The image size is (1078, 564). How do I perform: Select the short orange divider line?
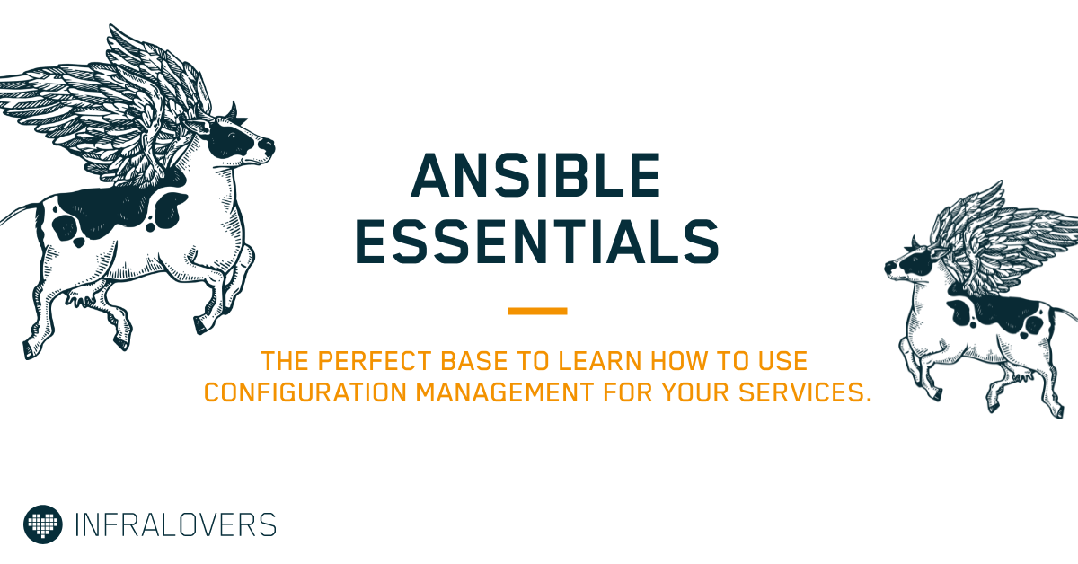pyautogui.click(x=537, y=312)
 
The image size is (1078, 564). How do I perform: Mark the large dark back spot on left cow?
pyautogui.click(x=103, y=207)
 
